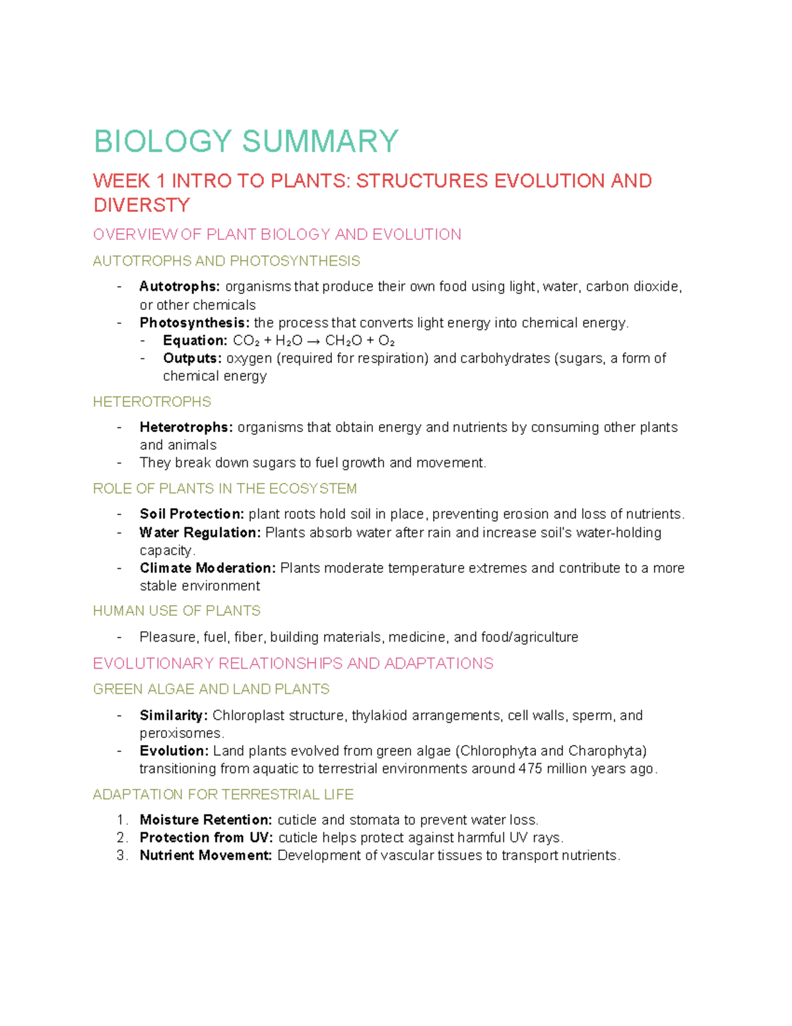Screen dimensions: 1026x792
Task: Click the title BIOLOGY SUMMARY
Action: point(246,141)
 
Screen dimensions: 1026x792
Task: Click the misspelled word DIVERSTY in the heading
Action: point(141,205)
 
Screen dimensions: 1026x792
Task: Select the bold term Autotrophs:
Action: point(180,287)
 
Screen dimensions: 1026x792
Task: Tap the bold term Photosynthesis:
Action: point(195,323)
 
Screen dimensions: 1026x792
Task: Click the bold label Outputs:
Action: point(192,359)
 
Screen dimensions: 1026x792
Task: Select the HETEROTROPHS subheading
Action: point(152,402)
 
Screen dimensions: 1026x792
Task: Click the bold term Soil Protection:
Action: point(191,514)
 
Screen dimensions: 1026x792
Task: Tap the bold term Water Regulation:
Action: point(200,532)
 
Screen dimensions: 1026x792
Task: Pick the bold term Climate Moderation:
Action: point(207,568)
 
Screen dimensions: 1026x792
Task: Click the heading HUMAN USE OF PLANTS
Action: point(176,611)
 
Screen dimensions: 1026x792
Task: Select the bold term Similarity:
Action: point(174,715)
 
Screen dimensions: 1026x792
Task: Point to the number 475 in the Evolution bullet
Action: point(530,769)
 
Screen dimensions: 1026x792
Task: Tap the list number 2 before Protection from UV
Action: point(121,838)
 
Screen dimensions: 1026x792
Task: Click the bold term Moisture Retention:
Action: point(205,820)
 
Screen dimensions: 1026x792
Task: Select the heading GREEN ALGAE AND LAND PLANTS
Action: point(211,690)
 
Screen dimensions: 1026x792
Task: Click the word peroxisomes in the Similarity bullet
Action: point(181,733)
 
